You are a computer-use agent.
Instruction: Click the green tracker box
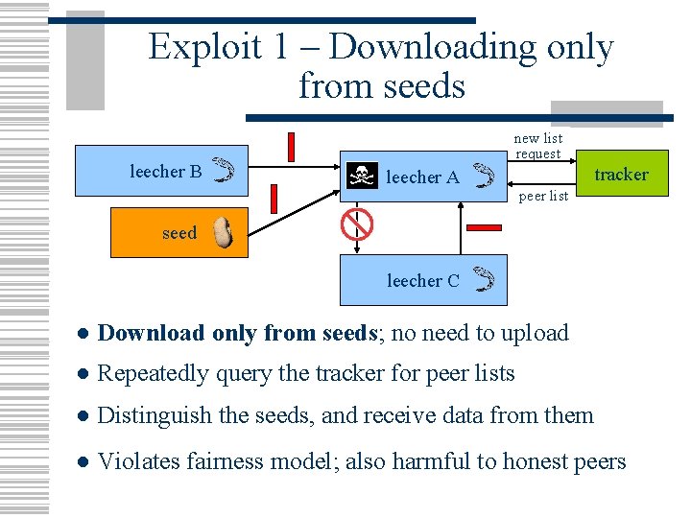(x=622, y=174)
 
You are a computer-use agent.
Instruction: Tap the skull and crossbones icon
(x=361, y=176)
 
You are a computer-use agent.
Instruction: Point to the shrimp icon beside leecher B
(x=223, y=170)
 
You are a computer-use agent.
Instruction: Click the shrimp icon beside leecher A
(x=485, y=174)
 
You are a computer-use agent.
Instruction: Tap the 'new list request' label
(x=537, y=146)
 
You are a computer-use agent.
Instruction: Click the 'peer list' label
(x=543, y=197)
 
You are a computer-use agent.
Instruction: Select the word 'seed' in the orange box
(x=179, y=233)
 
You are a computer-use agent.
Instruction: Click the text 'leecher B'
(x=166, y=172)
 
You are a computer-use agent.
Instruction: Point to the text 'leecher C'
(x=423, y=281)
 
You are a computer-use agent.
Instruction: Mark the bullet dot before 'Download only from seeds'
(x=83, y=334)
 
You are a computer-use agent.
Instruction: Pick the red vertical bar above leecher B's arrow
(x=291, y=147)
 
